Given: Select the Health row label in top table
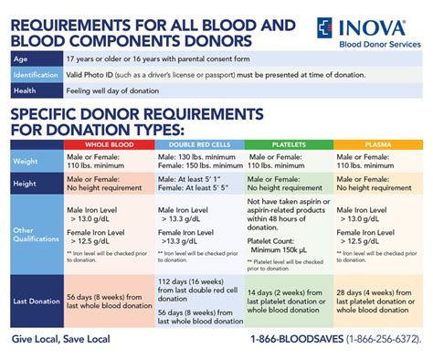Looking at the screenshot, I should coord(24,90).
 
